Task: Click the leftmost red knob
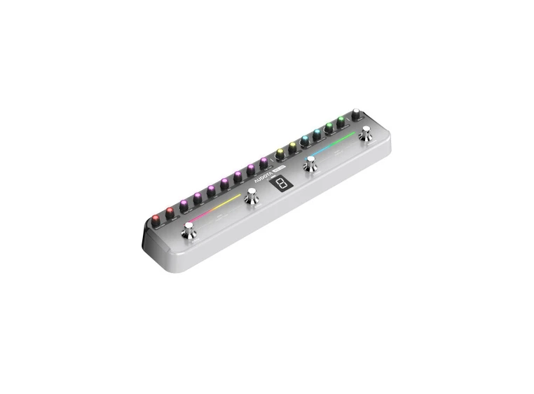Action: pyautogui.click(x=155, y=219)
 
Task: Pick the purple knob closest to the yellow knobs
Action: pyautogui.click(x=263, y=162)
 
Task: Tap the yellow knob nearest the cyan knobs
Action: pyautogui.click(x=293, y=146)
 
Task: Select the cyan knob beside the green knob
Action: pyautogui.click(x=317, y=133)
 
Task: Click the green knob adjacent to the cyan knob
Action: pyautogui.click(x=329, y=127)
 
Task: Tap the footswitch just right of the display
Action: pyautogui.click(x=310, y=165)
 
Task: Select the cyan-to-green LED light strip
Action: pyautogui.click(x=334, y=142)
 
